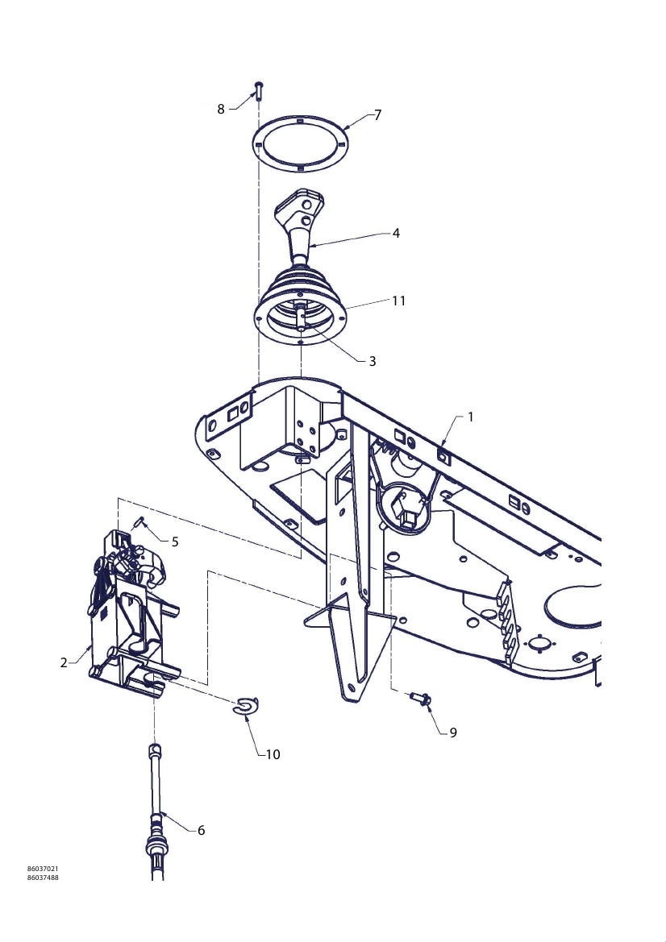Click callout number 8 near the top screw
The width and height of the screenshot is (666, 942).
point(221,110)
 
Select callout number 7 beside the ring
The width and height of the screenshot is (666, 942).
point(377,114)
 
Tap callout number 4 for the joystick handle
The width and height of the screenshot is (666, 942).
point(396,233)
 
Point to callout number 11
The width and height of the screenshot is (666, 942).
point(399,301)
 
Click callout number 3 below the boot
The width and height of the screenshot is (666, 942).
point(372,361)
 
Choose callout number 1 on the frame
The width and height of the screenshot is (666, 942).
point(471,417)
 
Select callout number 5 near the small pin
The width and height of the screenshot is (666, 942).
point(175,542)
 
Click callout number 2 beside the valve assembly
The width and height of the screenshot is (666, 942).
point(64,663)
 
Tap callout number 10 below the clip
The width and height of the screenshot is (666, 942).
point(273,754)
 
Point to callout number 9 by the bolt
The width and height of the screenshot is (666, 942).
point(453,732)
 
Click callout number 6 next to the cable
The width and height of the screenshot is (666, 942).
point(202,830)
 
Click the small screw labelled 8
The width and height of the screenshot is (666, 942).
point(259,92)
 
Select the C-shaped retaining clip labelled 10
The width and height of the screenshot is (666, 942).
point(245,707)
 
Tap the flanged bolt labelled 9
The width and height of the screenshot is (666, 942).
point(420,698)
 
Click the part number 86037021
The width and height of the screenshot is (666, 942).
point(43,869)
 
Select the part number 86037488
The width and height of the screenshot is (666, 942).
point(43,878)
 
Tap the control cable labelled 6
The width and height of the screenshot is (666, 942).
point(156,811)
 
